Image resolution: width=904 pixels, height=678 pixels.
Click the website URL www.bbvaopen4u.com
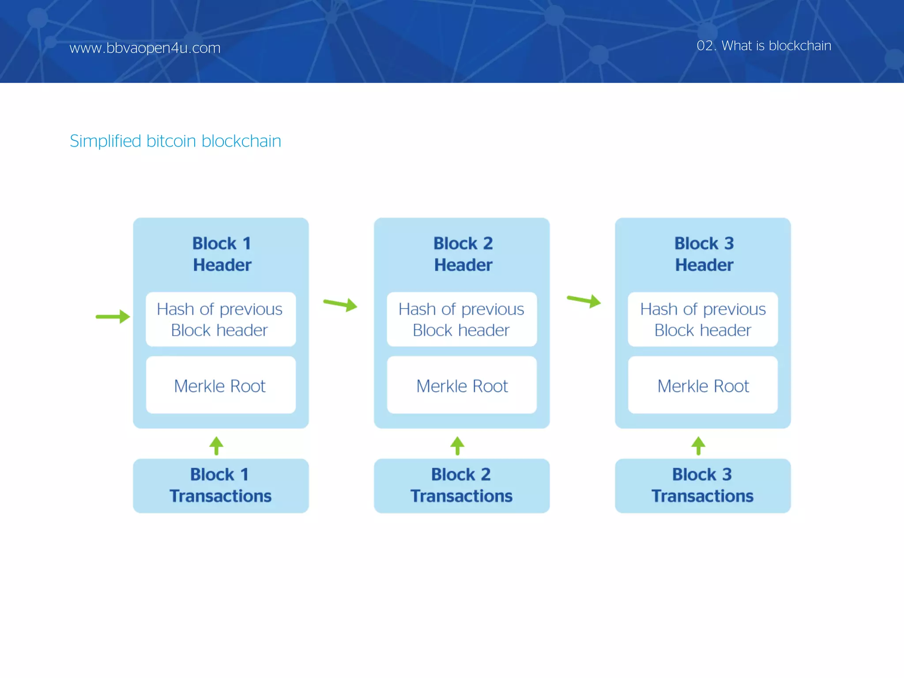145,48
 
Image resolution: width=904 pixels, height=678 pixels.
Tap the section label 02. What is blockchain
764,45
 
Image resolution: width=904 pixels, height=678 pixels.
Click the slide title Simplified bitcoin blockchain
175,141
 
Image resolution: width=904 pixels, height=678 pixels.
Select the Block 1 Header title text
222,254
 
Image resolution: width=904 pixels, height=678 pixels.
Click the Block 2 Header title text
463,254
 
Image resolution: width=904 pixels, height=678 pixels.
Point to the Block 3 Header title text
704,254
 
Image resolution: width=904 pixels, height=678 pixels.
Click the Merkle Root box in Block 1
221,385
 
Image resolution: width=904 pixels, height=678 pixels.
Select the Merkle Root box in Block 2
462,385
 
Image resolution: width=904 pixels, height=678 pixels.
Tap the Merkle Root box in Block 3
703,385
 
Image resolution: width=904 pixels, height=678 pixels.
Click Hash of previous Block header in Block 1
220,320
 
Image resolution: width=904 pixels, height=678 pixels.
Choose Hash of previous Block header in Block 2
462,320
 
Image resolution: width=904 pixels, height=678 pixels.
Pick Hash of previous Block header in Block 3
703,320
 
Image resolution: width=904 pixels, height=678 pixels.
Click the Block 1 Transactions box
221,486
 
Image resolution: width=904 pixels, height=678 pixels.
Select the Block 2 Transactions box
462,486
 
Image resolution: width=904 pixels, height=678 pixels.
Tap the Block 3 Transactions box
703,486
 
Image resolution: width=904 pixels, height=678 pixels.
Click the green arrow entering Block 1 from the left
113,316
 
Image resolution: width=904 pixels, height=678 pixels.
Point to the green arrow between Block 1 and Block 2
340,304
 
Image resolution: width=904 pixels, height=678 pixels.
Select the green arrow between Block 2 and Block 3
584,301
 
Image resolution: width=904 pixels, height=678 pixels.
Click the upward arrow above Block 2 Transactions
457,446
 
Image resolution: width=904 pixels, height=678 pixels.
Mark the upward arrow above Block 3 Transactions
698,446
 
